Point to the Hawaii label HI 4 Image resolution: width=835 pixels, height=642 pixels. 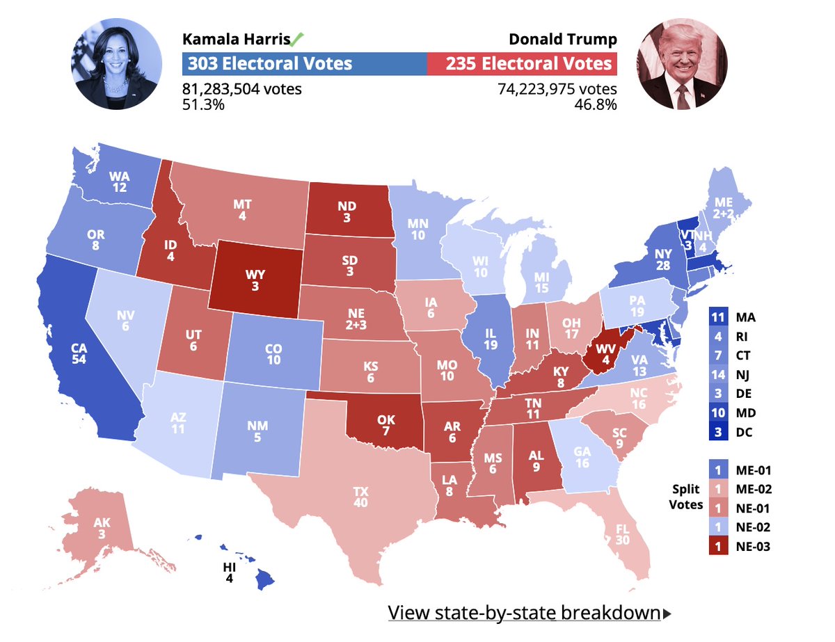click(229, 572)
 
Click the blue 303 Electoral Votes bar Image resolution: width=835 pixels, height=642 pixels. click(305, 65)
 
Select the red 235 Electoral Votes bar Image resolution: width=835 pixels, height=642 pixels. click(522, 65)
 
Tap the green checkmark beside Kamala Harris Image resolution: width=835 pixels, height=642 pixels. click(297, 39)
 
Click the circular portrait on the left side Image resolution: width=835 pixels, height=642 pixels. click(115, 65)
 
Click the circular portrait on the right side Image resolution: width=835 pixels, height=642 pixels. click(682, 65)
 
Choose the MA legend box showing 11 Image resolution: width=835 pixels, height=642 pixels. click(718, 317)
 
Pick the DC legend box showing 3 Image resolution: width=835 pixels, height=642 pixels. click(718, 432)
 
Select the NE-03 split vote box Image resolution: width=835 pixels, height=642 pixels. click(718, 546)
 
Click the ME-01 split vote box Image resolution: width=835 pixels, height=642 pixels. click(718, 470)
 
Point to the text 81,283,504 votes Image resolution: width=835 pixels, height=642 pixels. click(241, 89)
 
